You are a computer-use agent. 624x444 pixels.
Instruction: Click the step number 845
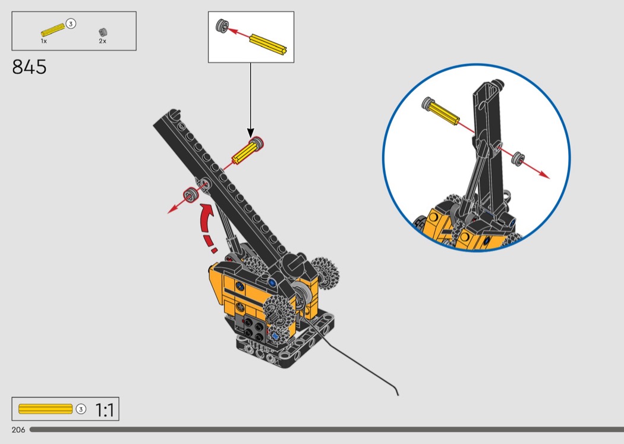click(29, 67)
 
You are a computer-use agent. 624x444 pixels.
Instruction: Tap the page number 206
click(18, 430)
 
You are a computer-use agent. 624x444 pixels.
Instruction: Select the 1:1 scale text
click(105, 409)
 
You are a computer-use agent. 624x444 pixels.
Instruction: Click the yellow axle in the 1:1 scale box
click(45, 409)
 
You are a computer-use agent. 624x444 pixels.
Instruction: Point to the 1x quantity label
click(44, 41)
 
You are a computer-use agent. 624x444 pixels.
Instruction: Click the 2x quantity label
click(103, 41)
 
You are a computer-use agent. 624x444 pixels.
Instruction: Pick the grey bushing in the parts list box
click(103, 32)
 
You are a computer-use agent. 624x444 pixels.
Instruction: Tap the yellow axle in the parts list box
click(53, 30)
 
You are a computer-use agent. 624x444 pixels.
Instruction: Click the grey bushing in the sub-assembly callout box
click(222, 26)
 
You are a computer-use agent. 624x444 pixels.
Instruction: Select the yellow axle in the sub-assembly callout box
click(268, 44)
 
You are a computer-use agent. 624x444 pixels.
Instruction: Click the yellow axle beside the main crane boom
click(248, 150)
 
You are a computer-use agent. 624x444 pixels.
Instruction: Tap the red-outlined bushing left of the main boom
click(191, 196)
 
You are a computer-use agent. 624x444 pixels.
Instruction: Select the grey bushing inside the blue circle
click(518, 159)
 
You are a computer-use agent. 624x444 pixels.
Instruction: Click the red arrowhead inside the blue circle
click(545, 175)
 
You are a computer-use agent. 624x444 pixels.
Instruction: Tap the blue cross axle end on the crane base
click(275, 336)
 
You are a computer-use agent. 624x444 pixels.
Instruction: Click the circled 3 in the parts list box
click(71, 24)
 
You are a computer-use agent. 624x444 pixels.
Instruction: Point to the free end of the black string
click(398, 395)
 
